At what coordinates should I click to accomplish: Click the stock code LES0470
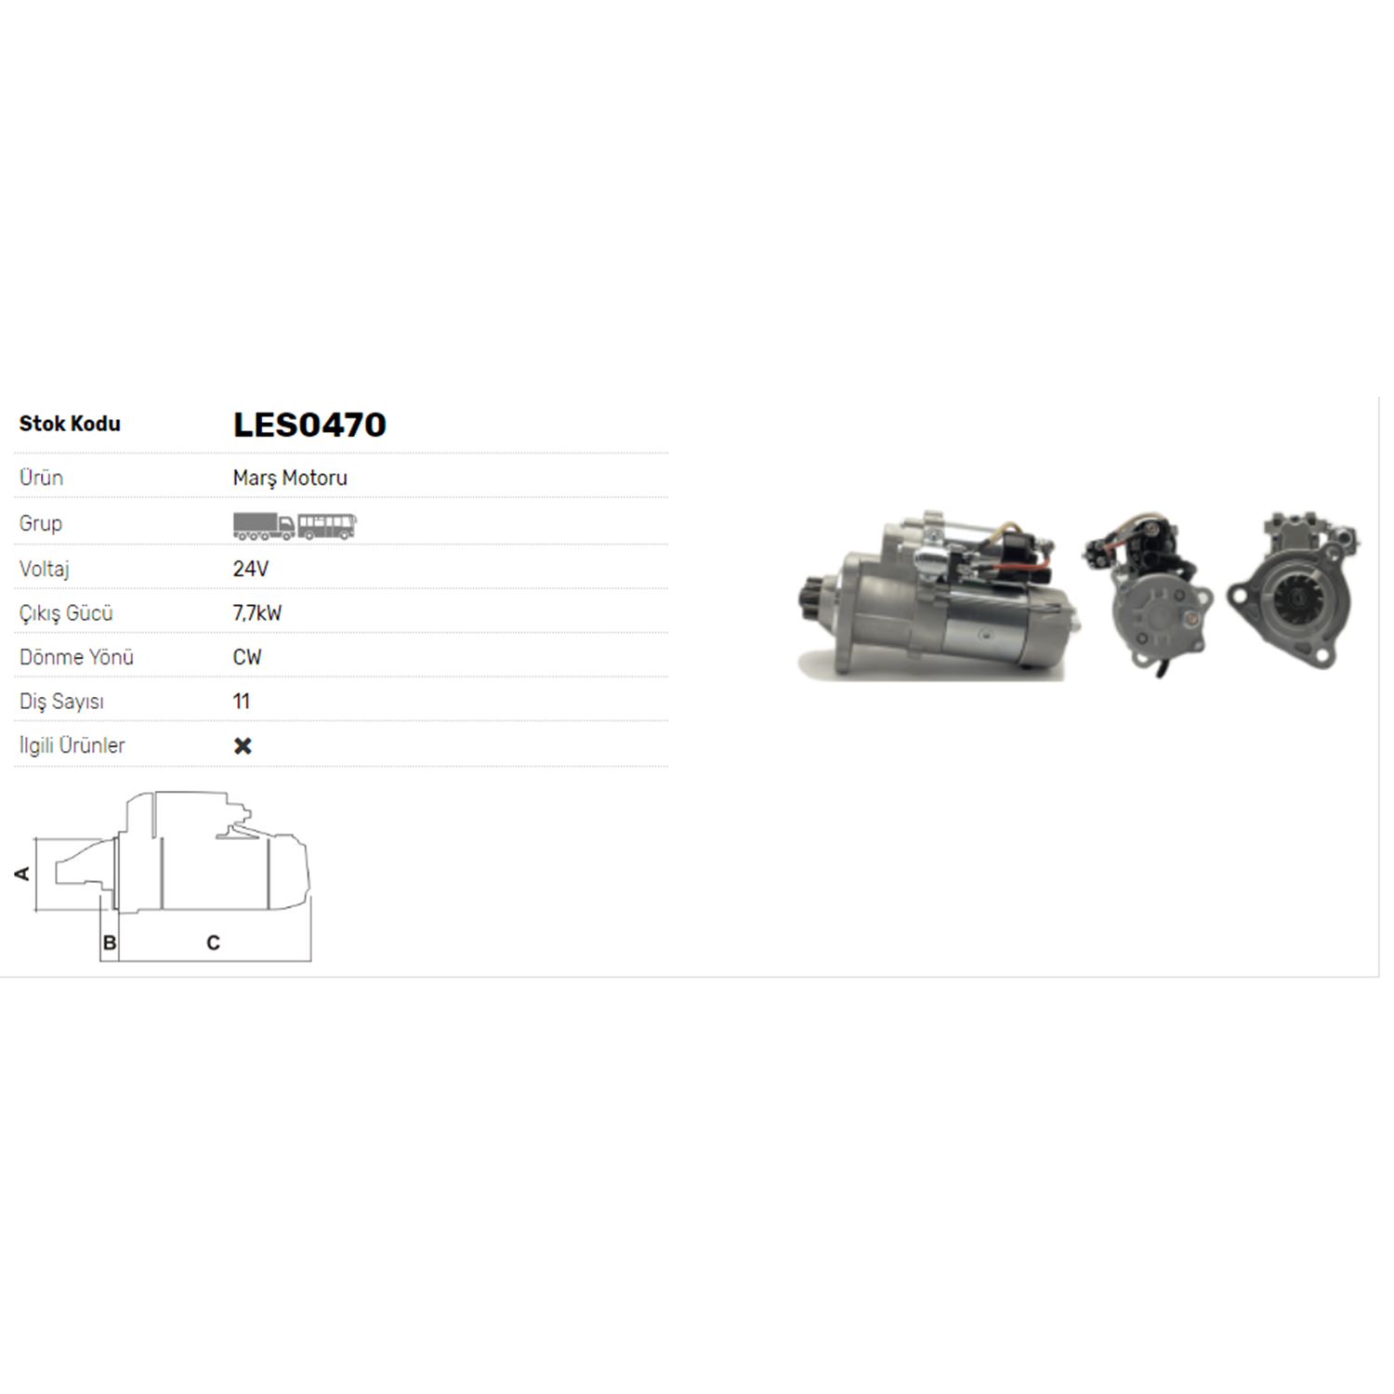(309, 425)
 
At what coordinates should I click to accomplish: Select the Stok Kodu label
(70, 424)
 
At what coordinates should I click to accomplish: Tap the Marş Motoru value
(290, 478)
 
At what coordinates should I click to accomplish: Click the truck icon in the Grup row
(264, 526)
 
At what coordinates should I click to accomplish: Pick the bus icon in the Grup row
(326, 526)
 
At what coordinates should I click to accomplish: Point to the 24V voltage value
(251, 569)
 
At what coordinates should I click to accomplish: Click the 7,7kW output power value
(257, 613)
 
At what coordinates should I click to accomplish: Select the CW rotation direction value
(247, 657)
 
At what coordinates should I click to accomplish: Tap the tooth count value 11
(242, 702)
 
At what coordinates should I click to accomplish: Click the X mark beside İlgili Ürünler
(243, 745)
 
